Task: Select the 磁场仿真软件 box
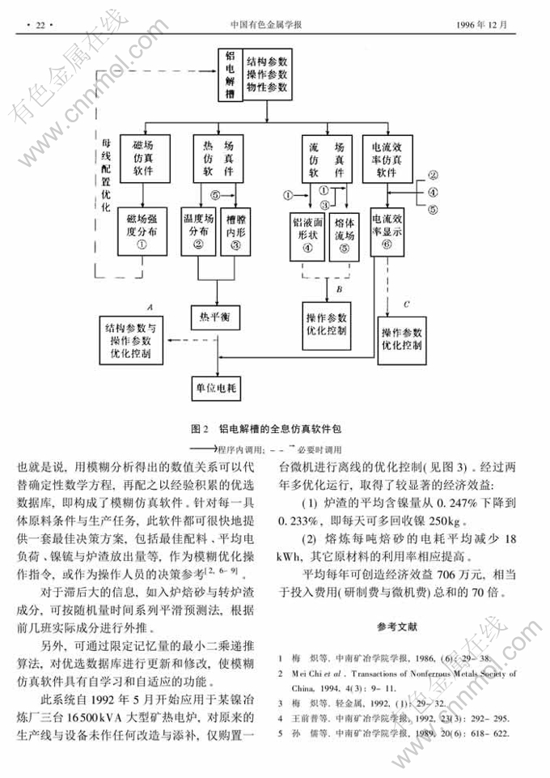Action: pos(142,159)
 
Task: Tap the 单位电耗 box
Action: pos(215,388)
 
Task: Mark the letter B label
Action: pos(340,288)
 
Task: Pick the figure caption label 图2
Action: pos(200,428)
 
